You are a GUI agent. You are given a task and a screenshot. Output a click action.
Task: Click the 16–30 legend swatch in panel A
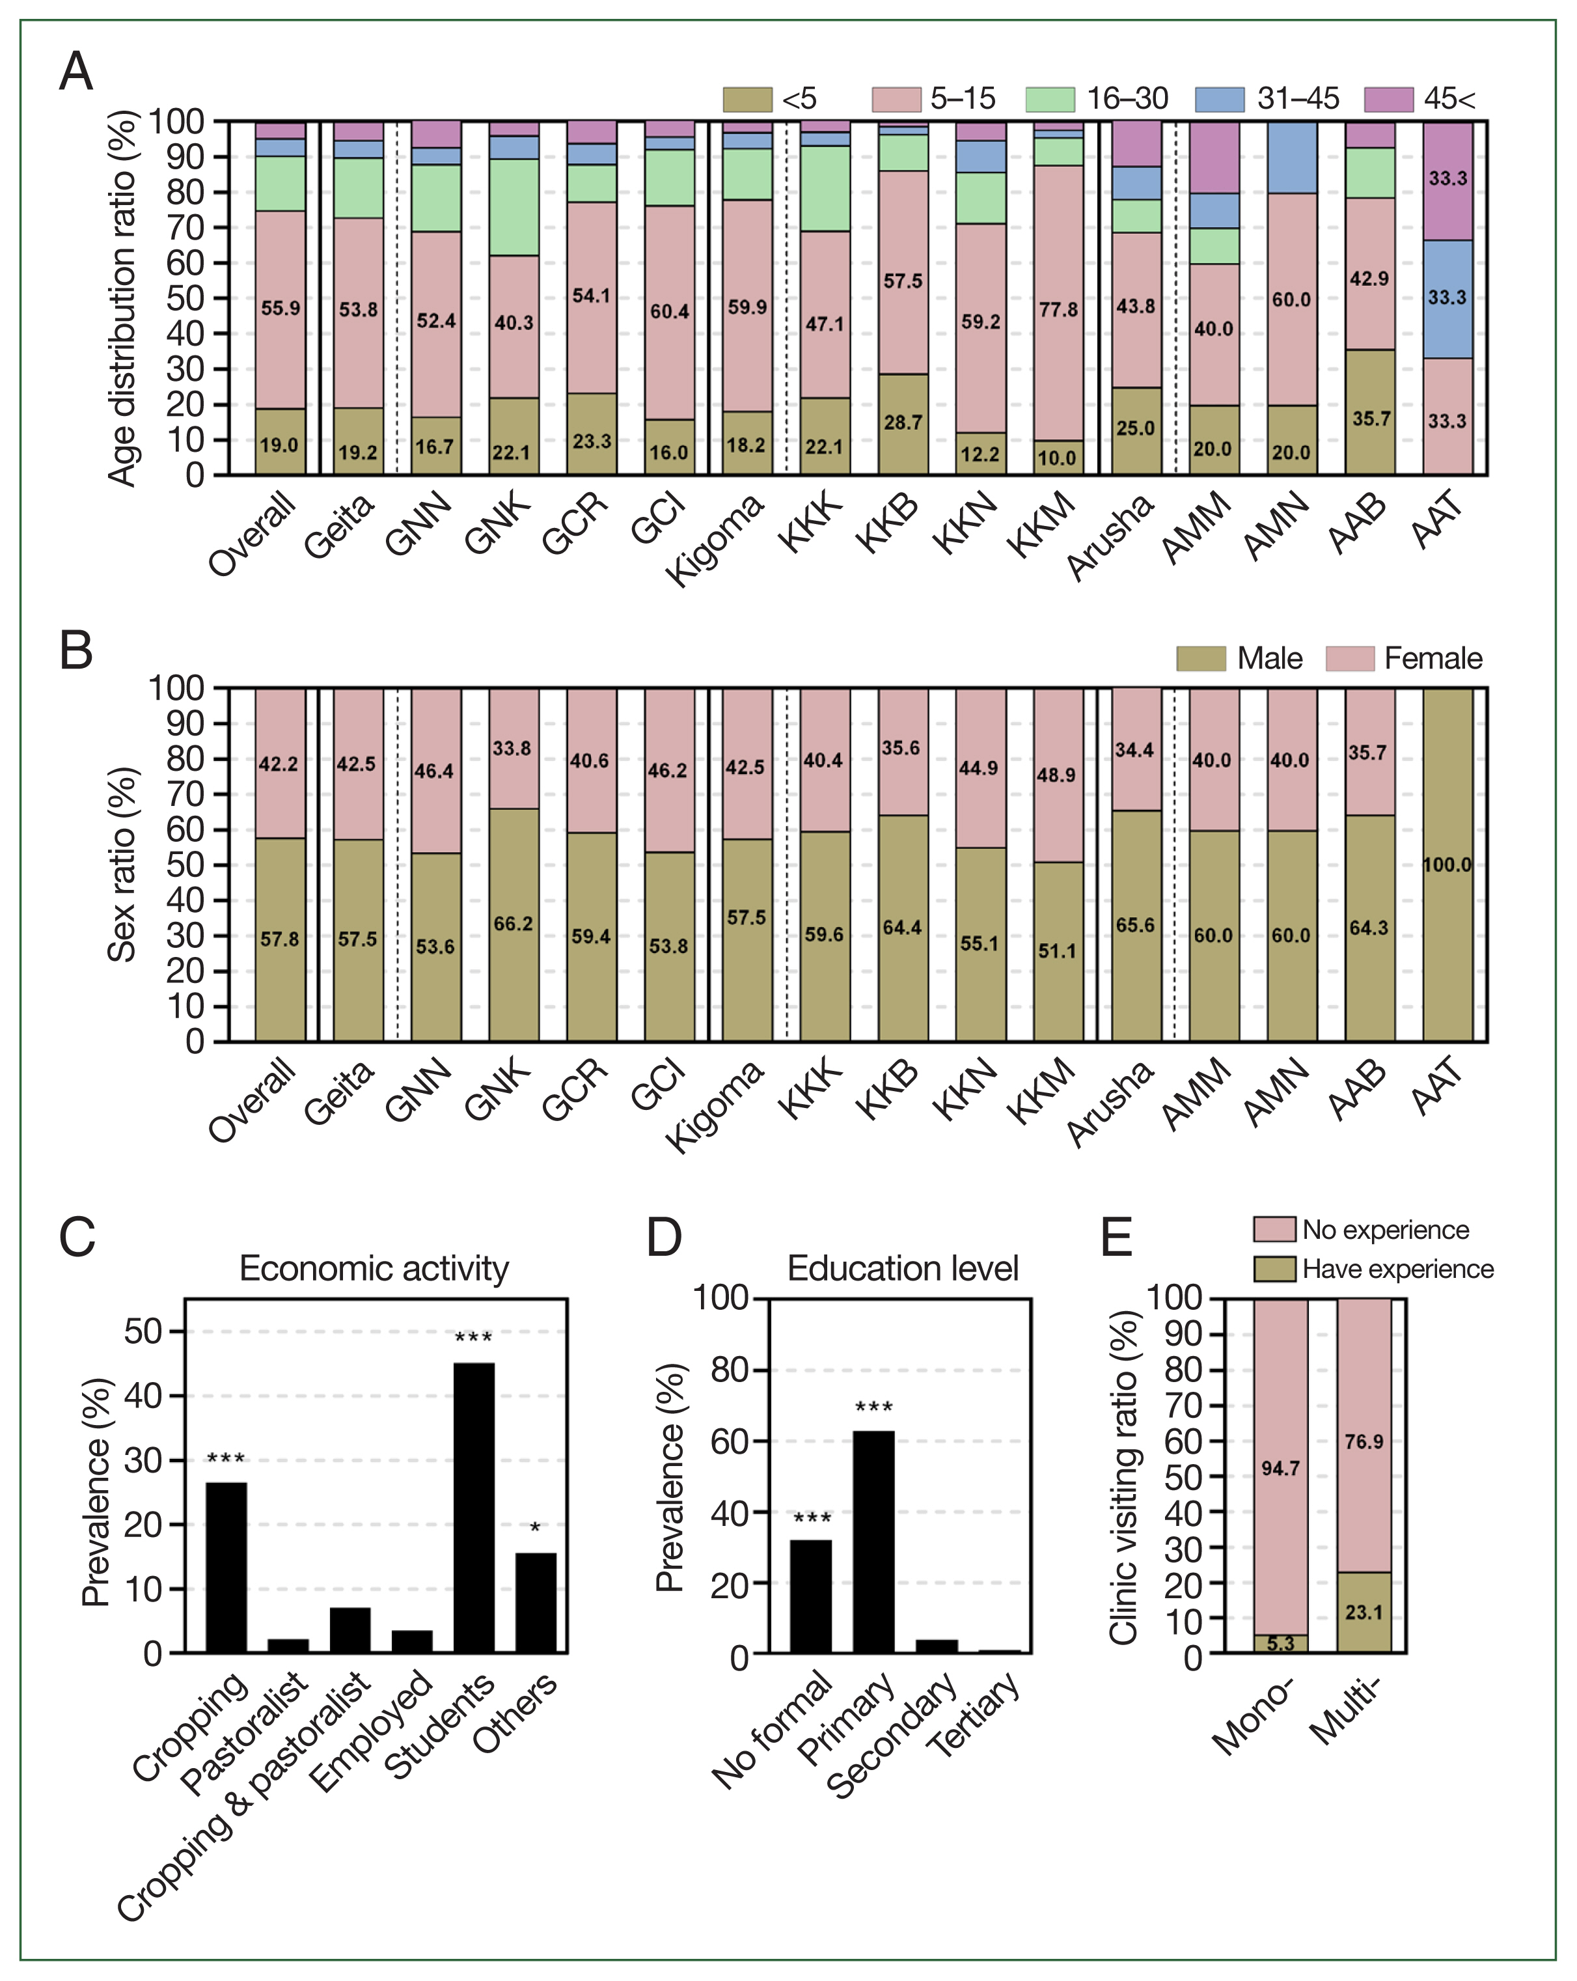pos(1050,99)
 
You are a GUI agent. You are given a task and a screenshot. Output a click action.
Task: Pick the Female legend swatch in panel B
pos(1350,659)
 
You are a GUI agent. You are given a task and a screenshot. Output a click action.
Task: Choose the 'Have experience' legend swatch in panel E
pos(1275,1269)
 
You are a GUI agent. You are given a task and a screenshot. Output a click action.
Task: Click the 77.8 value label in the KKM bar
pos(1058,310)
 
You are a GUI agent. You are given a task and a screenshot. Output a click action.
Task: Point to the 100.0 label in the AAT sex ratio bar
pos(1447,865)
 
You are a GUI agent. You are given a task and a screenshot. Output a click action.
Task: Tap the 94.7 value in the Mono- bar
pos(1280,1468)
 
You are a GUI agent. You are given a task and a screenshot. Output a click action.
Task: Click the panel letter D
pos(664,1237)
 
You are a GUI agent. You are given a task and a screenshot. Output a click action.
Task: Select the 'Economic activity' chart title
pos(374,1268)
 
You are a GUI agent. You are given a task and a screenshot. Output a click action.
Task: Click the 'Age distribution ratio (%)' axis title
pos(122,298)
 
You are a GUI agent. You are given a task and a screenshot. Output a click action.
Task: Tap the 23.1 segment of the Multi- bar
pos(1364,1613)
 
